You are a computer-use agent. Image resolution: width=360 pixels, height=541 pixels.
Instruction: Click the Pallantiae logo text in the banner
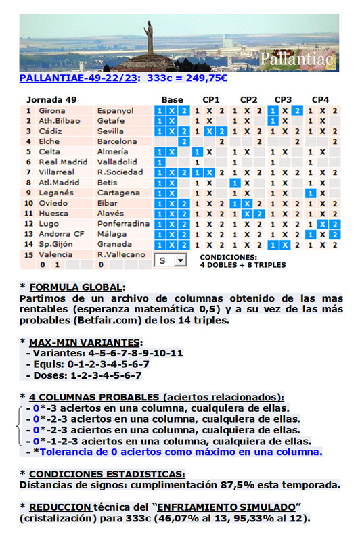pos(297,60)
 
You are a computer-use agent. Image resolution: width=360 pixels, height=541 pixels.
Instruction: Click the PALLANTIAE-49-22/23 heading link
pos(79,78)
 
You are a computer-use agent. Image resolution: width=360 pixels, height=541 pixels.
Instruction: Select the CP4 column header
pos(320,100)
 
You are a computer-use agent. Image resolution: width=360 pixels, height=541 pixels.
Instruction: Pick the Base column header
pos(172,100)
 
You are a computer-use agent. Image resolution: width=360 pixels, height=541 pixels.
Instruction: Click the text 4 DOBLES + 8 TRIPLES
pos(242,265)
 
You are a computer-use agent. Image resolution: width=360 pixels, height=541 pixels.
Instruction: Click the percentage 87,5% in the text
pos(235,485)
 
